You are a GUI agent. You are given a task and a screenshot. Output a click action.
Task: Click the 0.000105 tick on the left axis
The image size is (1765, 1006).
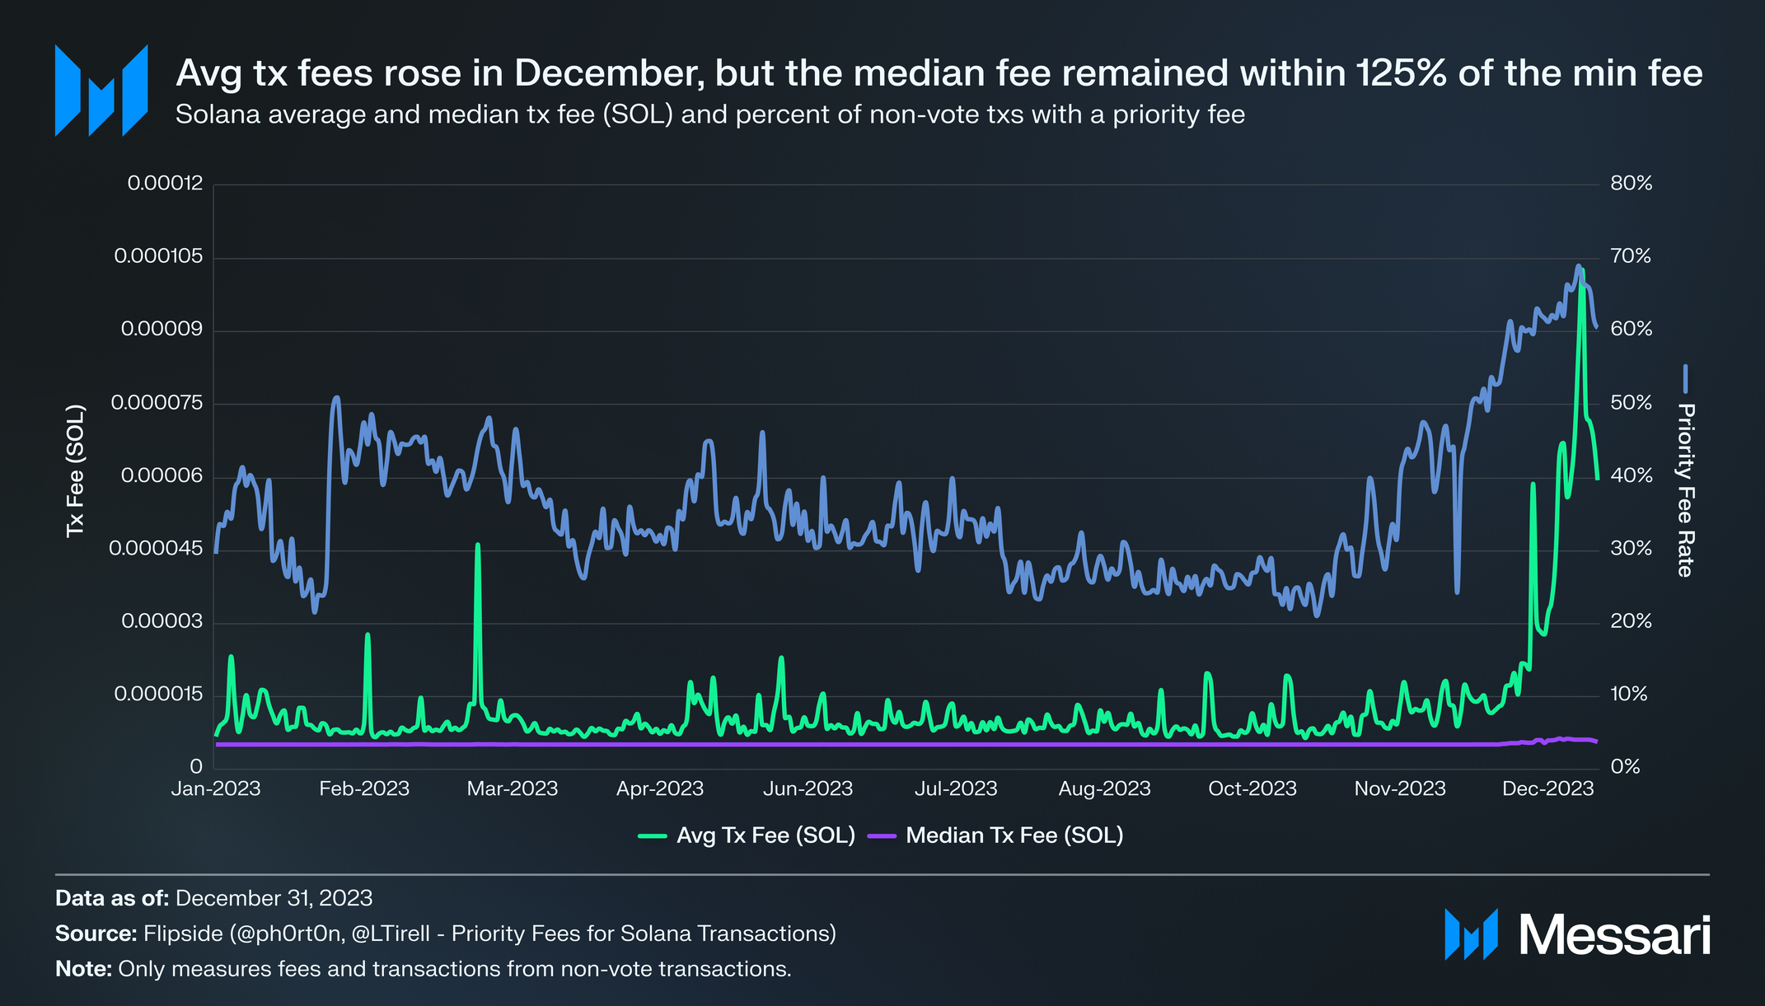pyautogui.click(x=158, y=256)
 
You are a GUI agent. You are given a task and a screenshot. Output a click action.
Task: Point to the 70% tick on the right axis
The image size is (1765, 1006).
pyautogui.click(x=1631, y=256)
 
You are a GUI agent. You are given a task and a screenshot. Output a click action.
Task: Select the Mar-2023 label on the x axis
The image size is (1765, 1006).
pyautogui.click(x=512, y=788)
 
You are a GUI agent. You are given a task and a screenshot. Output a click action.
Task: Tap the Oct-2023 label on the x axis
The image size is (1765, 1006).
pyautogui.click(x=1252, y=788)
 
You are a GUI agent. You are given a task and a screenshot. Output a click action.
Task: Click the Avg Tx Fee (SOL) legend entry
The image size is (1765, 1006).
pyautogui.click(x=765, y=835)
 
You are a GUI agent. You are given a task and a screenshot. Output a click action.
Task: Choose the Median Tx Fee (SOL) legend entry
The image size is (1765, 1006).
pyautogui.click(x=1014, y=835)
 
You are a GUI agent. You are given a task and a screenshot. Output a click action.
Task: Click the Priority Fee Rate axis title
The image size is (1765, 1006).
pyautogui.click(x=1685, y=489)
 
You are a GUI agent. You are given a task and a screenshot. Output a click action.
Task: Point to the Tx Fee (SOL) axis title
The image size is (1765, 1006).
pyautogui.click(x=75, y=470)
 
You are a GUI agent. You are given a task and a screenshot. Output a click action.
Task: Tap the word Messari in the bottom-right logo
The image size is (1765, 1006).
pyautogui.click(x=1614, y=935)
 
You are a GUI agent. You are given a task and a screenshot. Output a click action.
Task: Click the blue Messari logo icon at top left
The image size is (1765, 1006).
pyautogui.click(x=101, y=90)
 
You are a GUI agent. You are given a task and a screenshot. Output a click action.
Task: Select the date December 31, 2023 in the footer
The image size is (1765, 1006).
pyautogui.click(x=274, y=898)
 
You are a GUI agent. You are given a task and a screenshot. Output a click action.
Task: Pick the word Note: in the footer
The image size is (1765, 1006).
pyautogui.click(x=83, y=969)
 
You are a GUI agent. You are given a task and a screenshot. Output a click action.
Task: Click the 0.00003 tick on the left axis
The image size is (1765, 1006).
pyautogui.click(x=162, y=621)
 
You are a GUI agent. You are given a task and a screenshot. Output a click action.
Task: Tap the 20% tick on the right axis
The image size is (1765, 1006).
pyautogui.click(x=1631, y=621)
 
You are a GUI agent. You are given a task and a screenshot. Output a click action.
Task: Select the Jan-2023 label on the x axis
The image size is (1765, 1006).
pyautogui.click(x=216, y=788)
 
